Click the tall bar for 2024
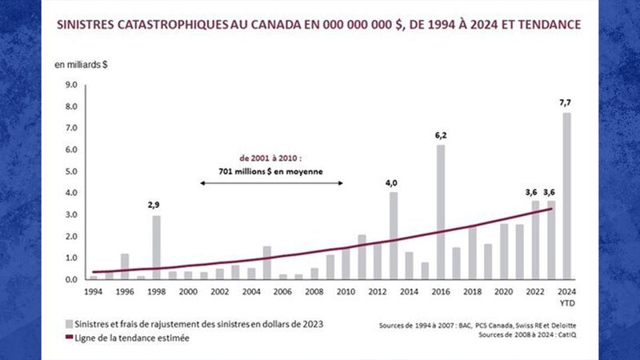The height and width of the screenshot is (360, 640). click(x=566, y=196)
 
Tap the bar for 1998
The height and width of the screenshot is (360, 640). click(x=156, y=247)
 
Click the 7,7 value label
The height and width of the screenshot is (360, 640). click(x=566, y=103)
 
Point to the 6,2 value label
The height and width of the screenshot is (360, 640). click(x=441, y=136)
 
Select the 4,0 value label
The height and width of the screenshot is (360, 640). click(x=393, y=183)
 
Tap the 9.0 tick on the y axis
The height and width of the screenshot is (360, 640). click(x=70, y=85)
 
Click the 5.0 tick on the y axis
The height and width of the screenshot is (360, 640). click(x=70, y=171)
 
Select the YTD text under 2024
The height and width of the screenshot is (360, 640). click(x=566, y=303)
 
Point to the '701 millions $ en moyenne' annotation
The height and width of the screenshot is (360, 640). click(x=271, y=171)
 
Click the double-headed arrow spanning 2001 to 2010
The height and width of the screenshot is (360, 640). click(x=271, y=183)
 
